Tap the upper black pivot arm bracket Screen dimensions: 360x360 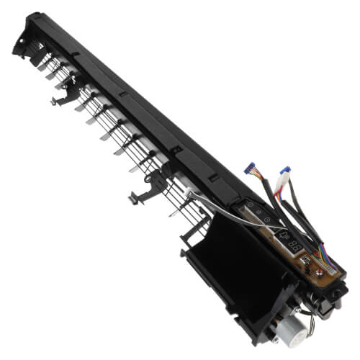tap(70, 88)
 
